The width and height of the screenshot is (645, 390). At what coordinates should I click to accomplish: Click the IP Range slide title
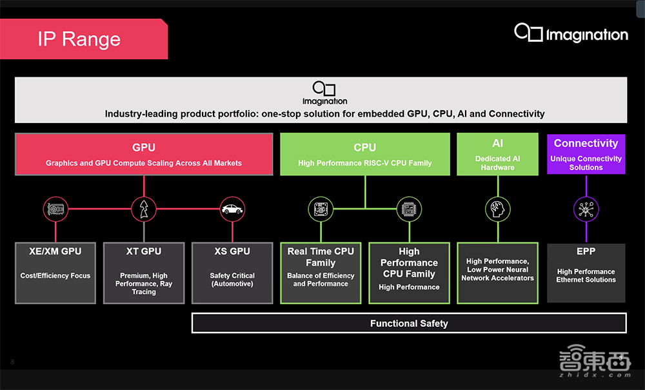[79, 39]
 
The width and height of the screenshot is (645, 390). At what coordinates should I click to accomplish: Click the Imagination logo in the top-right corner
[571, 34]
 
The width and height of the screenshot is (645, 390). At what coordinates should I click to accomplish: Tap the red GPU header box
[144, 154]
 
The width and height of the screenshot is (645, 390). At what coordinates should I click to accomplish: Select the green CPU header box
[364, 154]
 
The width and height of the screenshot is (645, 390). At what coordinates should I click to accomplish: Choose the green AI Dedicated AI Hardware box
[497, 154]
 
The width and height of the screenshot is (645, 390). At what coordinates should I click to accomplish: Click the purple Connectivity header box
[586, 154]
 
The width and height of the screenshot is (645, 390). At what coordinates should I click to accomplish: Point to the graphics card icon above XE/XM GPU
[55, 209]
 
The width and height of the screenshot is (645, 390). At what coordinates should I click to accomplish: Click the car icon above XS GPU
[232, 209]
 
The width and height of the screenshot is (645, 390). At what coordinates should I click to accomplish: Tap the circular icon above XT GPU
[144, 209]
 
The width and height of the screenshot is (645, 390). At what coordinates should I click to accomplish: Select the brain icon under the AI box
[497, 209]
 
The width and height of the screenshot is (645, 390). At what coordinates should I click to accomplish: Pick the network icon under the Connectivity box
[586, 209]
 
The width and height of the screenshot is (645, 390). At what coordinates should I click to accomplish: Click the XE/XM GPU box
[55, 273]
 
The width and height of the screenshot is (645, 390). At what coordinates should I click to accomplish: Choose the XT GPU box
[144, 273]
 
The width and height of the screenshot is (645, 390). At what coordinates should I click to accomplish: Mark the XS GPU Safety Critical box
[232, 273]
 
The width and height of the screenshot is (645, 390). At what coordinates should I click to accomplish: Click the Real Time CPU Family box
[321, 273]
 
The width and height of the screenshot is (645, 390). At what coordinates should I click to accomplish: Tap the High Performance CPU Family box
[409, 273]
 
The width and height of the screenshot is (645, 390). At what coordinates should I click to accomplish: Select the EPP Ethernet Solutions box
[586, 273]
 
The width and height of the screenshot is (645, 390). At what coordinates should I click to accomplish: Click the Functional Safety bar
[409, 323]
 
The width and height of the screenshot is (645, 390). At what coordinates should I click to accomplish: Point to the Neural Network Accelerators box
[497, 273]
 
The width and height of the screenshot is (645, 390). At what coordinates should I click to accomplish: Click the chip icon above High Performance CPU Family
[409, 209]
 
